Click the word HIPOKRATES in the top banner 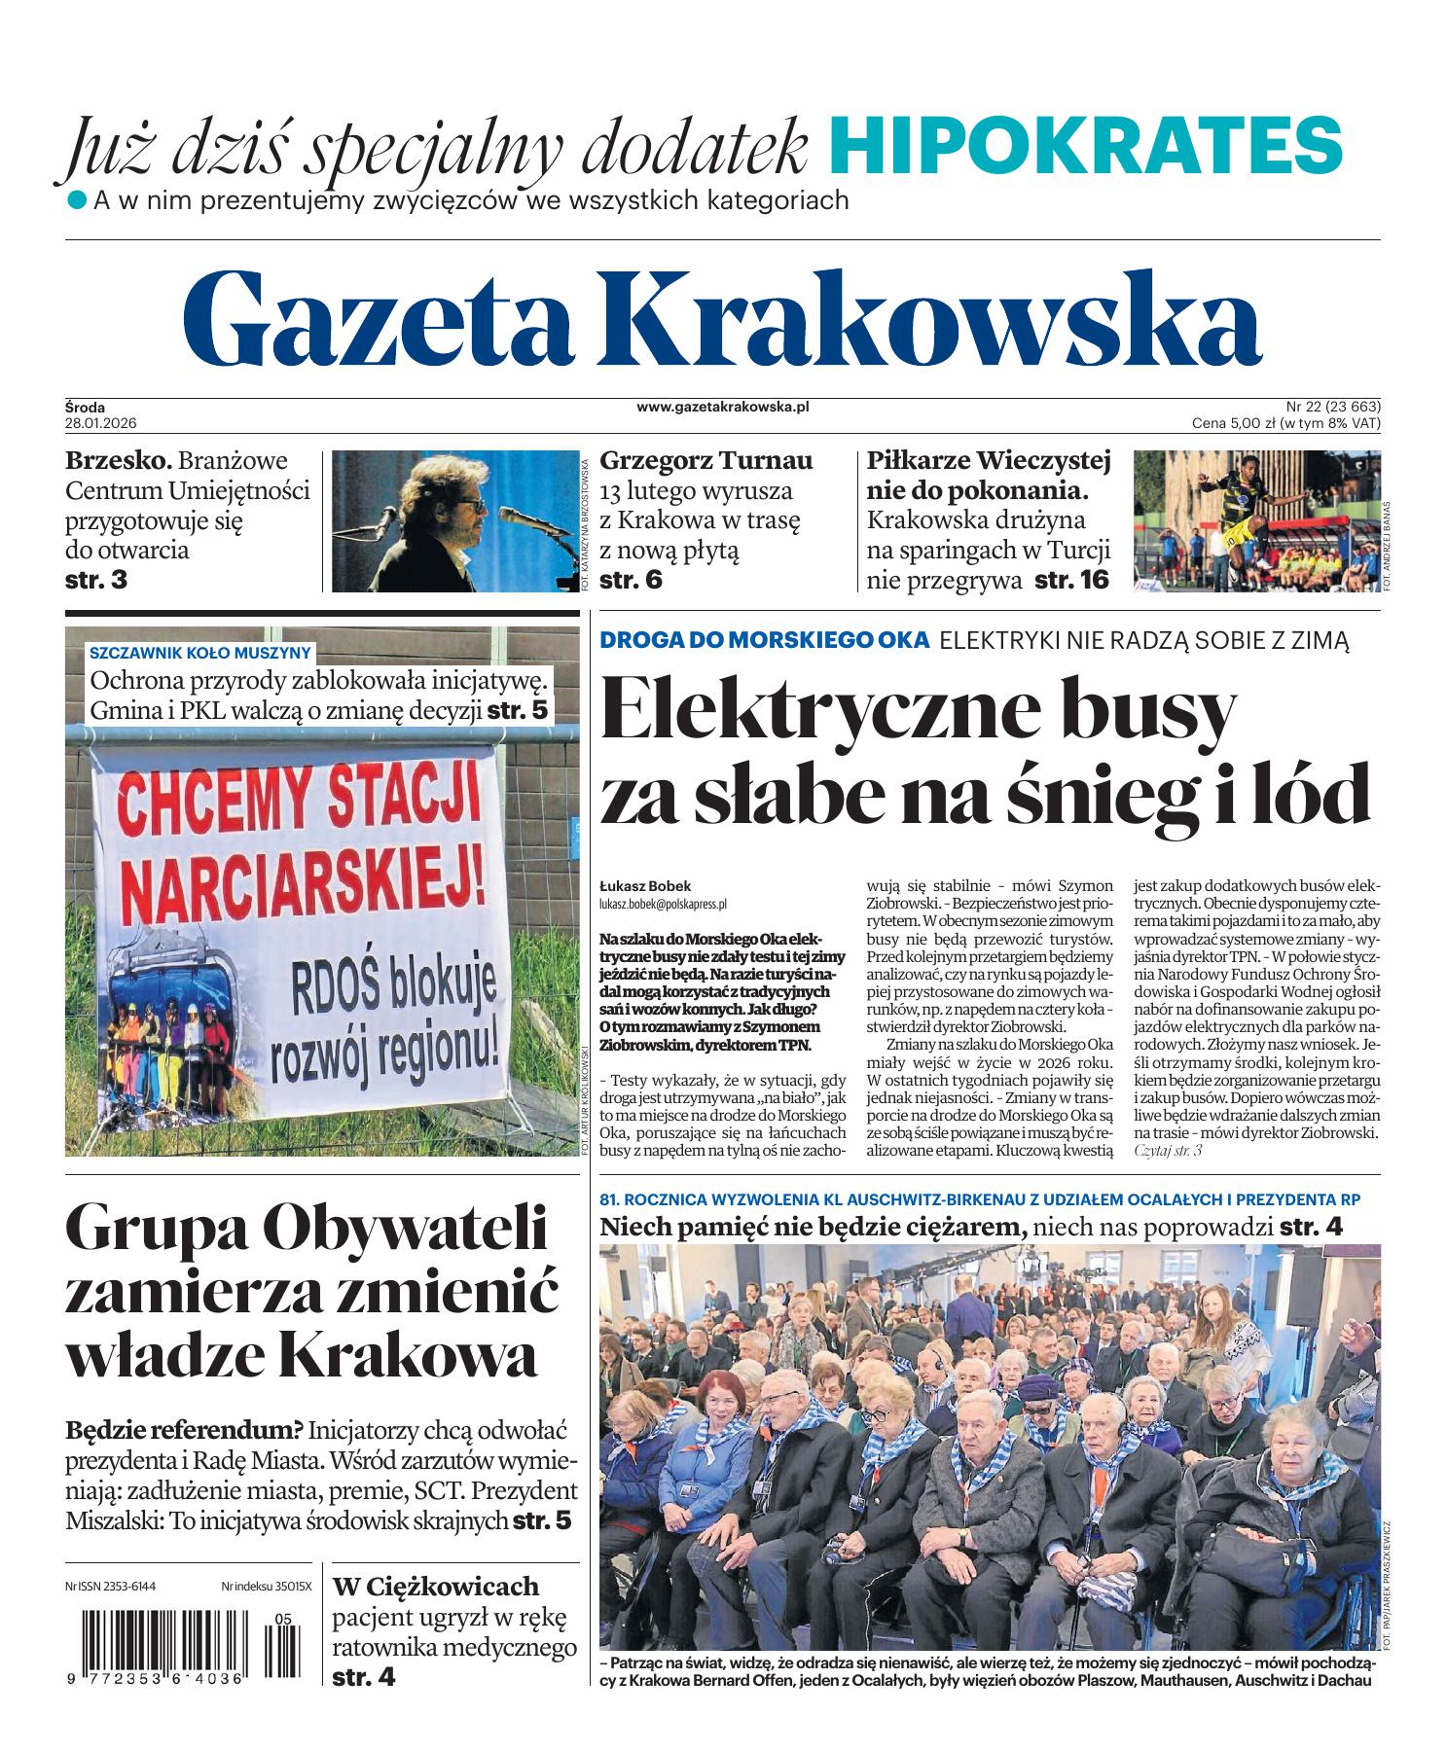point(1085,143)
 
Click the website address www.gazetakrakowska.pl point(723,408)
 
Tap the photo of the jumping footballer point(1255,520)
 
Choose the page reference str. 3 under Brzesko point(96,581)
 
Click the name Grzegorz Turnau point(705,460)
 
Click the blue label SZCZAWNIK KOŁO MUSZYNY point(199,653)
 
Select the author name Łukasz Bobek point(645,886)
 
